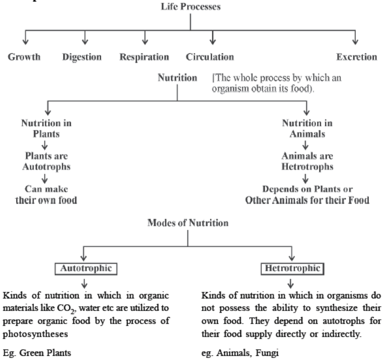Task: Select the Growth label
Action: (25, 57)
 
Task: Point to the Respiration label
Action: (144, 57)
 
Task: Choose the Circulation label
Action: (209, 57)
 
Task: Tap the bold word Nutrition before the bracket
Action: (177, 78)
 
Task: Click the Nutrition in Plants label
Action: (46, 128)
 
